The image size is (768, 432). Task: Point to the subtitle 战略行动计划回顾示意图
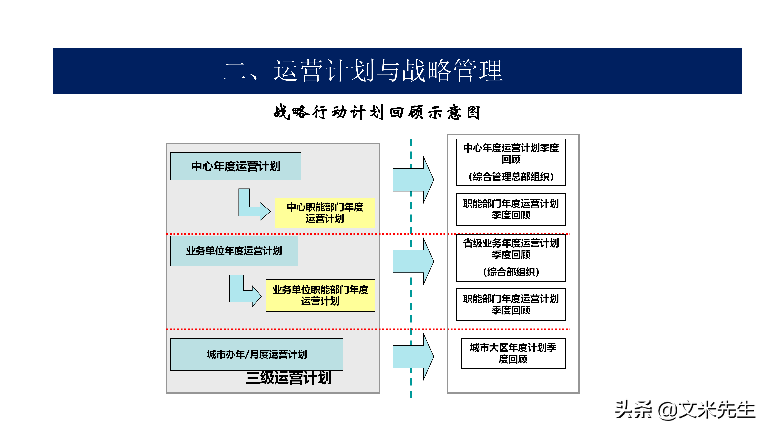[x=377, y=112]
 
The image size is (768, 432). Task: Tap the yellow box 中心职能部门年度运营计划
[x=325, y=213]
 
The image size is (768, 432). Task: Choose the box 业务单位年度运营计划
[x=234, y=251]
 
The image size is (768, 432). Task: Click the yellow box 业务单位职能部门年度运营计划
[x=320, y=295]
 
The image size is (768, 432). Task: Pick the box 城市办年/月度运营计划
[x=257, y=354]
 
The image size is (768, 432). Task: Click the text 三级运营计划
[x=288, y=378]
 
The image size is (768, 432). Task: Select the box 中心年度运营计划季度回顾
[x=511, y=154]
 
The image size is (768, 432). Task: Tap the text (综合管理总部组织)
[x=511, y=177]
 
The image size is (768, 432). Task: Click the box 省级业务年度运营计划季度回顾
[x=511, y=249]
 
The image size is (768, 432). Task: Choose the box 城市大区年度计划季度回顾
[x=513, y=353]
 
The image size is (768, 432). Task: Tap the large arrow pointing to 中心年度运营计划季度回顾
[x=413, y=180]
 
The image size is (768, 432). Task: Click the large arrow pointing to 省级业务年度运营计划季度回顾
[x=413, y=261]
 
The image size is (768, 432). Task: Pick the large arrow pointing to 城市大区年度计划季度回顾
[x=413, y=357]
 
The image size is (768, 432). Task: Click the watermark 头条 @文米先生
[x=685, y=410]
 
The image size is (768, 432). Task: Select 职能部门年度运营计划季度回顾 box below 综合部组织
[x=511, y=304]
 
